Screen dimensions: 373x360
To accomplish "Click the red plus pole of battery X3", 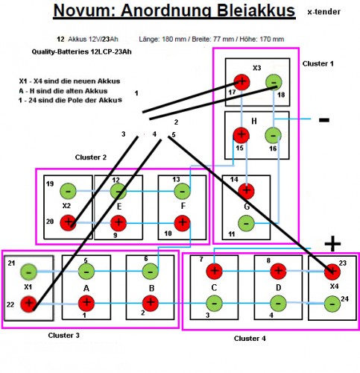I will [241, 82].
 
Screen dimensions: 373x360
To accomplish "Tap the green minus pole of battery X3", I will [274, 82].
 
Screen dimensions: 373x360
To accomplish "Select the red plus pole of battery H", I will [241, 135].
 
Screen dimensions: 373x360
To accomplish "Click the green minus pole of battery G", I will [245, 222].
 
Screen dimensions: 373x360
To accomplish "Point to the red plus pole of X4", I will [332, 271].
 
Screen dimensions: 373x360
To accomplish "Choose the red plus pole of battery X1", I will [28, 304].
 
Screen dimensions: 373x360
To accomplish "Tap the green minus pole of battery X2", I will [68, 191].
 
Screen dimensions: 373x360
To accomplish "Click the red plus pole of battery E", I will [117, 222].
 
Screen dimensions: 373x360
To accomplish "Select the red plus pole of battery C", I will [214, 271].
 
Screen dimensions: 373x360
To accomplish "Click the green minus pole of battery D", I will [278, 303].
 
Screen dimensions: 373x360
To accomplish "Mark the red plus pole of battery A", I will [86, 303].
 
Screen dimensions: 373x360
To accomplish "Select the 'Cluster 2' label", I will [91, 157].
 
